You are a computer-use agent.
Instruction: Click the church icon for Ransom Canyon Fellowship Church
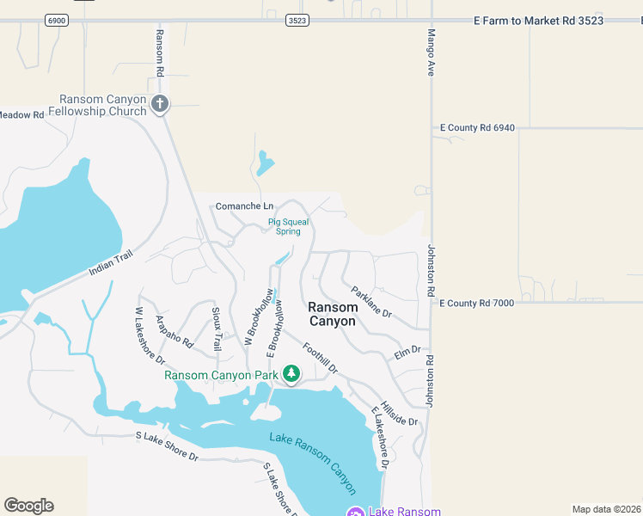point(159,104)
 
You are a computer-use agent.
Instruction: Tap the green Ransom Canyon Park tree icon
point(291,374)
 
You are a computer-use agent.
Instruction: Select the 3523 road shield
point(297,20)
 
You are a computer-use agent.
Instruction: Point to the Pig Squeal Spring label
point(288,226)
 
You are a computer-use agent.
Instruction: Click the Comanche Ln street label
point(244,206)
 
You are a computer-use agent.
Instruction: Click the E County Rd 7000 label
point(477,304)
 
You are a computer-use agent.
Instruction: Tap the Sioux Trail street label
point(217,329)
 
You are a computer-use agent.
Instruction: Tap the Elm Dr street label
point(407,351)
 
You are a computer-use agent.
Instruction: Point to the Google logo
point(28,506)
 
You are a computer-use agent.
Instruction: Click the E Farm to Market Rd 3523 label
point(539,21)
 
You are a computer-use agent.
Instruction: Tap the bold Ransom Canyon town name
point(332,314)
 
